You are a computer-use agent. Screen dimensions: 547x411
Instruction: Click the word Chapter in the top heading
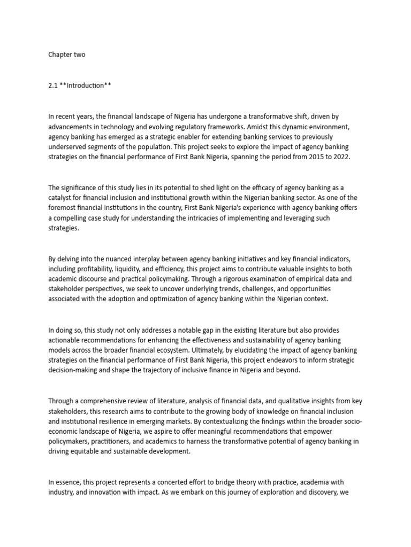point(59,54)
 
